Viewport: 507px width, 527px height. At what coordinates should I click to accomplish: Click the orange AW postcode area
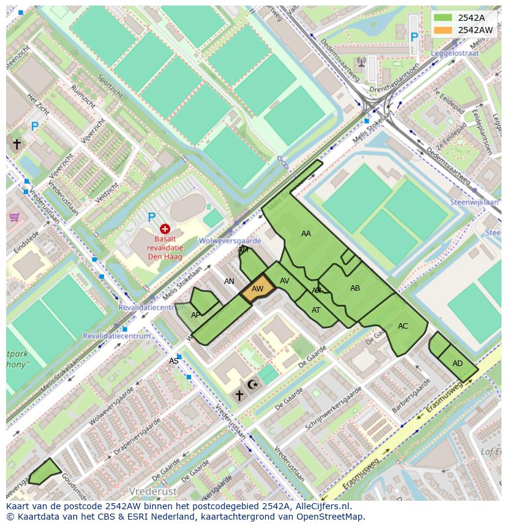click(258, 289)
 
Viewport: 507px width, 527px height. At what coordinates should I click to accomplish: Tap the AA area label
click(306, 234)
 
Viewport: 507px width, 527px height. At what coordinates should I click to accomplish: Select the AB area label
click(355, 288)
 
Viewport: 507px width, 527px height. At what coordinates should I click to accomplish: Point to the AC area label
click(403, 326)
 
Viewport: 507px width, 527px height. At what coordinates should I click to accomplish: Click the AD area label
click(457, 364)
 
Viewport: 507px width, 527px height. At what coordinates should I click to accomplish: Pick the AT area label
click(316, 310)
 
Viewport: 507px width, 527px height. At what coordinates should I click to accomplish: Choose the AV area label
click(285, 281)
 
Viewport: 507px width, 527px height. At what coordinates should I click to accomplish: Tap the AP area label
click(196, 315)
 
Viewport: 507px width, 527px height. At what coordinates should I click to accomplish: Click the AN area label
click(229, 282)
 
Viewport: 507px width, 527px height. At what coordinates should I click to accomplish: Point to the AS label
click(174, 361)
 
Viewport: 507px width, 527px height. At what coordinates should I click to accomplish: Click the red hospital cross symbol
click(165, 229)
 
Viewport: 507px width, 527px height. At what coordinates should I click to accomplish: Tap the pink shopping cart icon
click(14, 217)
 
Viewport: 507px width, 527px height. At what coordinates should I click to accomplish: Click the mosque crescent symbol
click(252, 384)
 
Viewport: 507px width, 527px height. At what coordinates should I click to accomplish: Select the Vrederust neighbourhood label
click(152, 491)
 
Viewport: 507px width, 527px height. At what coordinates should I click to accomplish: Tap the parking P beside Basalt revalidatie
click(151, 217)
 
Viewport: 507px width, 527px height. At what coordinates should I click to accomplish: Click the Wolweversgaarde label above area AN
click(230, 242)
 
